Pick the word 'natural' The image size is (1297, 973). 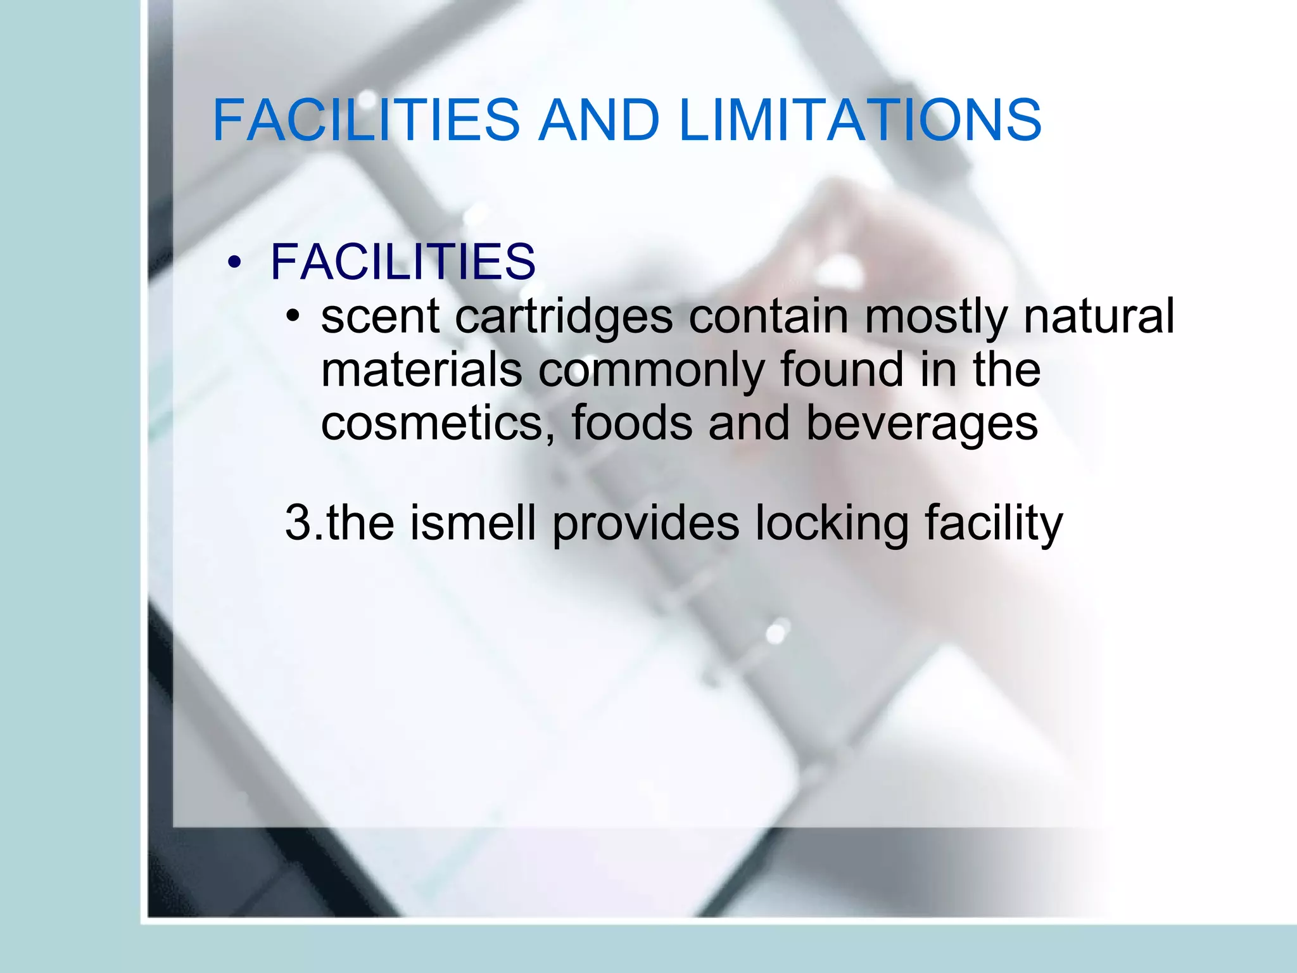tap(1099, 317)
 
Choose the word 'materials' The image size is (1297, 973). tap(422, 370)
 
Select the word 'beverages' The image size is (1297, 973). tap(922, 425)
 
